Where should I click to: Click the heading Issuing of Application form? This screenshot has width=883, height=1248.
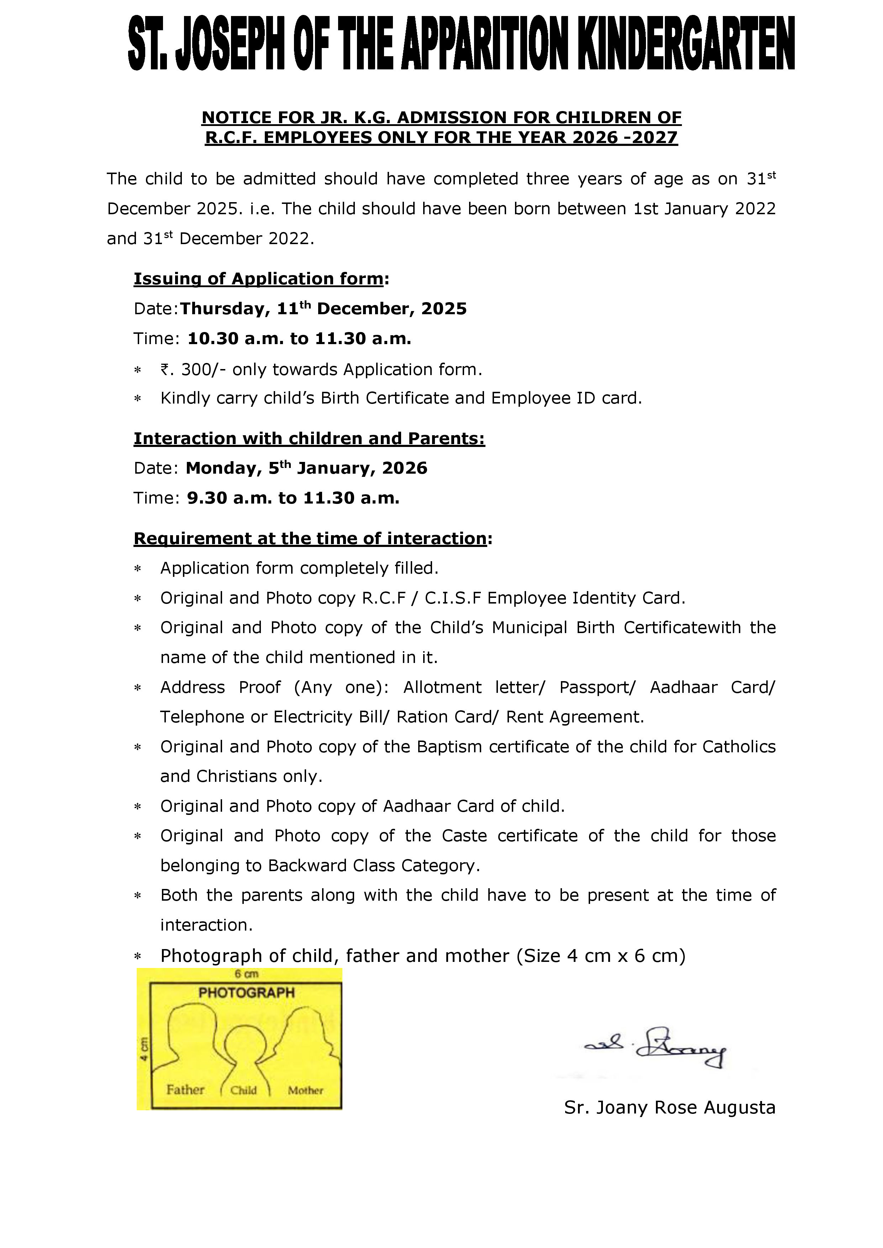click(x=259, y=279)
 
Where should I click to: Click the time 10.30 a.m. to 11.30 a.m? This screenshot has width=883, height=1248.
click(x=299, y=339)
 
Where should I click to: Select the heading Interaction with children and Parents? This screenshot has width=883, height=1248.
click(x=309, y=439)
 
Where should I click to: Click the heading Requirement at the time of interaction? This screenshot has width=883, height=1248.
click(x=310, y=539)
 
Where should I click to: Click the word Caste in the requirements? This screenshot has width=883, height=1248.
click(x=464, y=836)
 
